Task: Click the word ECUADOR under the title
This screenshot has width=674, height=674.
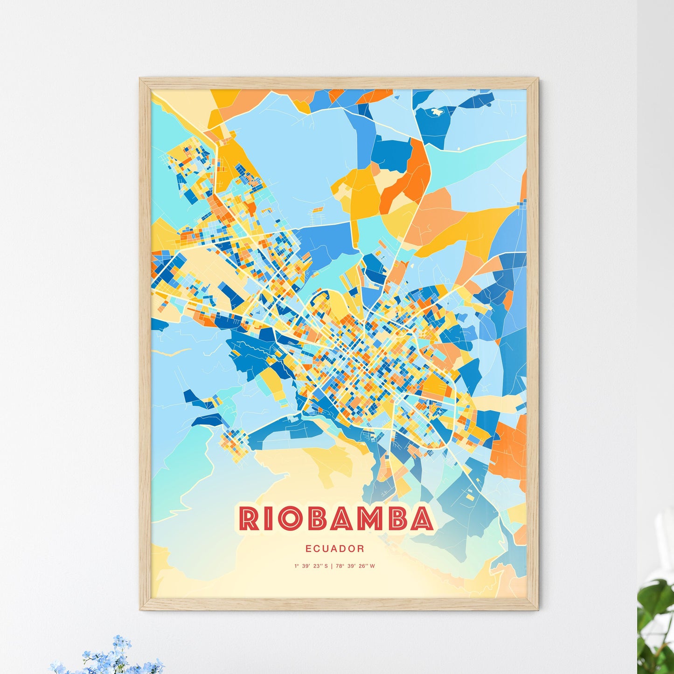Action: (335, 549)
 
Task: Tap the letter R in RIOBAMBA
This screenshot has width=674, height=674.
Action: (249, 519)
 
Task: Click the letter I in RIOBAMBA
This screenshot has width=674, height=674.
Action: (266, 519)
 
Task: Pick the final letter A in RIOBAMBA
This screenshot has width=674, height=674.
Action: (421, 519)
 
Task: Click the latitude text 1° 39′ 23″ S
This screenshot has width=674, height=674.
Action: (311, 566)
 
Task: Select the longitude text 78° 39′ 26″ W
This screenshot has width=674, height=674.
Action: (355, 566)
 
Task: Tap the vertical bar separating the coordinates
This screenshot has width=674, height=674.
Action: (332, 566)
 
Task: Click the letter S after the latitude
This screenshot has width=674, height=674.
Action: (326, 566)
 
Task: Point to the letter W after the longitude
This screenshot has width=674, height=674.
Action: (372, 566)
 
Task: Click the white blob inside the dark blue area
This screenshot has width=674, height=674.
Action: (437, 112)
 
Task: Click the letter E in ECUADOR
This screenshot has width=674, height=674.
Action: (308, 549)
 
